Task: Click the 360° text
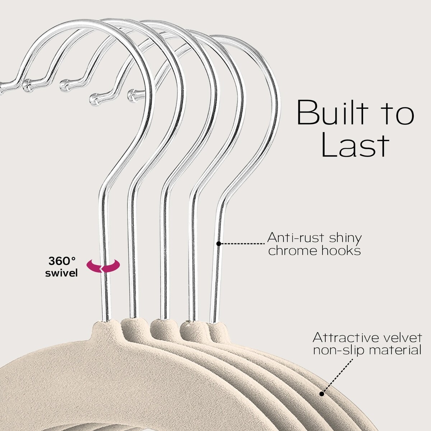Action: [62, 260]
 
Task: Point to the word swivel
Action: [62, 273]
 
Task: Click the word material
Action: [395, 350]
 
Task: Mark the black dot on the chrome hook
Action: [218, 244]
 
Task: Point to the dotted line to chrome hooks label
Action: [242, 244]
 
